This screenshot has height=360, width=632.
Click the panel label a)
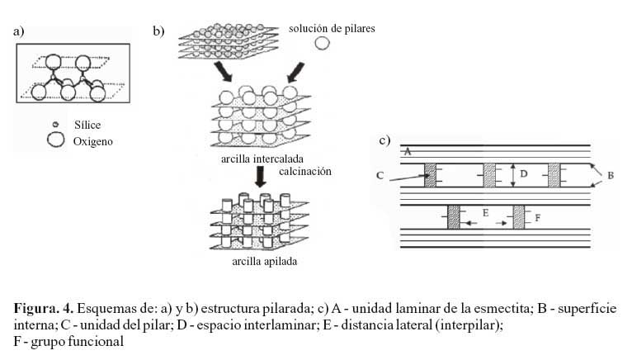click(x=18, y=31)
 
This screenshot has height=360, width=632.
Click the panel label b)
click(x=158, y=31)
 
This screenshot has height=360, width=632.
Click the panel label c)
click(x=384, y=140)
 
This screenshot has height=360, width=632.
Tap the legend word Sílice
click(x=87, y=125)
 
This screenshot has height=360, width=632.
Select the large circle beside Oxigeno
click(x=55, y=140)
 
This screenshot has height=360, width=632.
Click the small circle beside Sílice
click(x=55, y=125)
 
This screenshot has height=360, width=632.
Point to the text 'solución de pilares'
click(x=332, y=29)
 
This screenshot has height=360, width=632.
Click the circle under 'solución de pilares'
click(x=322, y=43)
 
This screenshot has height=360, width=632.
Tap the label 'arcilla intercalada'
click(x=262, y=159)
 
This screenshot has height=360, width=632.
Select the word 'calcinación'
click(x=305, y=172)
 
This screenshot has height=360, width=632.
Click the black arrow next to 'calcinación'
click(x=261, y=177)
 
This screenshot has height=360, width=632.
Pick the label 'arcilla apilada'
click(x=264, y=262)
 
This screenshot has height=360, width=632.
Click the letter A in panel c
click(x=408, y=152)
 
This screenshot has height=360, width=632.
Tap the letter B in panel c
click(x=611, y=176)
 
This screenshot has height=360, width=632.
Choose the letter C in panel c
click(x=380, y=176)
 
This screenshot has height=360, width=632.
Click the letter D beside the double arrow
click(x=524, y=174)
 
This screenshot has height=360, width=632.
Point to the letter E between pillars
click(x=485, y=213)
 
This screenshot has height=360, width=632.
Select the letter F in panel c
click(x=537, y=218)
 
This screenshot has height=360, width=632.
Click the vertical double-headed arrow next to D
click(x=512, y=175)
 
